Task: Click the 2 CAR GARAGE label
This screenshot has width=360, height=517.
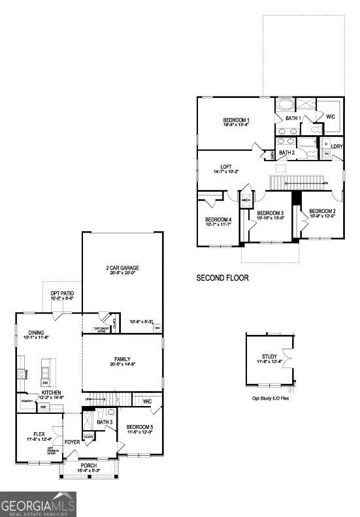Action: pos(123,268)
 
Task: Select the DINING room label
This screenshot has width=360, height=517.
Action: pos(36,333)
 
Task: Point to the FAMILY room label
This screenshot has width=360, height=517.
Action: pos(122,359)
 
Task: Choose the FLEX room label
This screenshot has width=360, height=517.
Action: pos(39,434)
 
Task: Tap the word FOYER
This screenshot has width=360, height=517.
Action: pos(72,442)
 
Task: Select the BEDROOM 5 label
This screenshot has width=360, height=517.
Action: pos(139,428)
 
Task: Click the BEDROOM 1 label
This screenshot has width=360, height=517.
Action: pos(236,120)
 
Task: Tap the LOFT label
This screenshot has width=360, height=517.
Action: pos(226,166)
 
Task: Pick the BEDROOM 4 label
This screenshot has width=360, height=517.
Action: pos(218,219)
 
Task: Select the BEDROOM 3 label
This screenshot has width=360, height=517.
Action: pos(270,213)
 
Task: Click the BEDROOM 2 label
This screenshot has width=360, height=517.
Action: pos(322,211)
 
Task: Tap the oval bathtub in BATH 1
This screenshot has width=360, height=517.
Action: pos(286,104)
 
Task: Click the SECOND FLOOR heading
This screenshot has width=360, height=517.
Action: pos(222,277)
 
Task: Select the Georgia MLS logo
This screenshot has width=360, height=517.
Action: pos(38,504)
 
